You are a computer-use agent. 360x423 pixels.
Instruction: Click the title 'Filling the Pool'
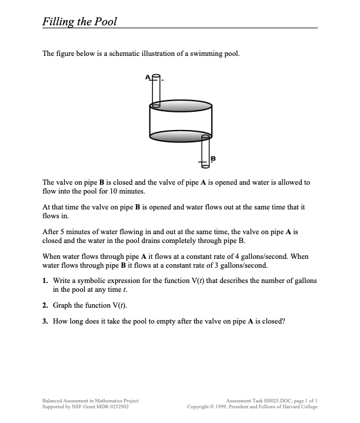pos(80,22)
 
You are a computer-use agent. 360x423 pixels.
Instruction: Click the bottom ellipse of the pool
pos(180,136)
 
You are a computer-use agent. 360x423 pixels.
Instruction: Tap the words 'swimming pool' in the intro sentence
pos(220,54)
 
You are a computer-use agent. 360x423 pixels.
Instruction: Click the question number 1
pos(46,281)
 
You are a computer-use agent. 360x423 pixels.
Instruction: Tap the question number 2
pos(46,307)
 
